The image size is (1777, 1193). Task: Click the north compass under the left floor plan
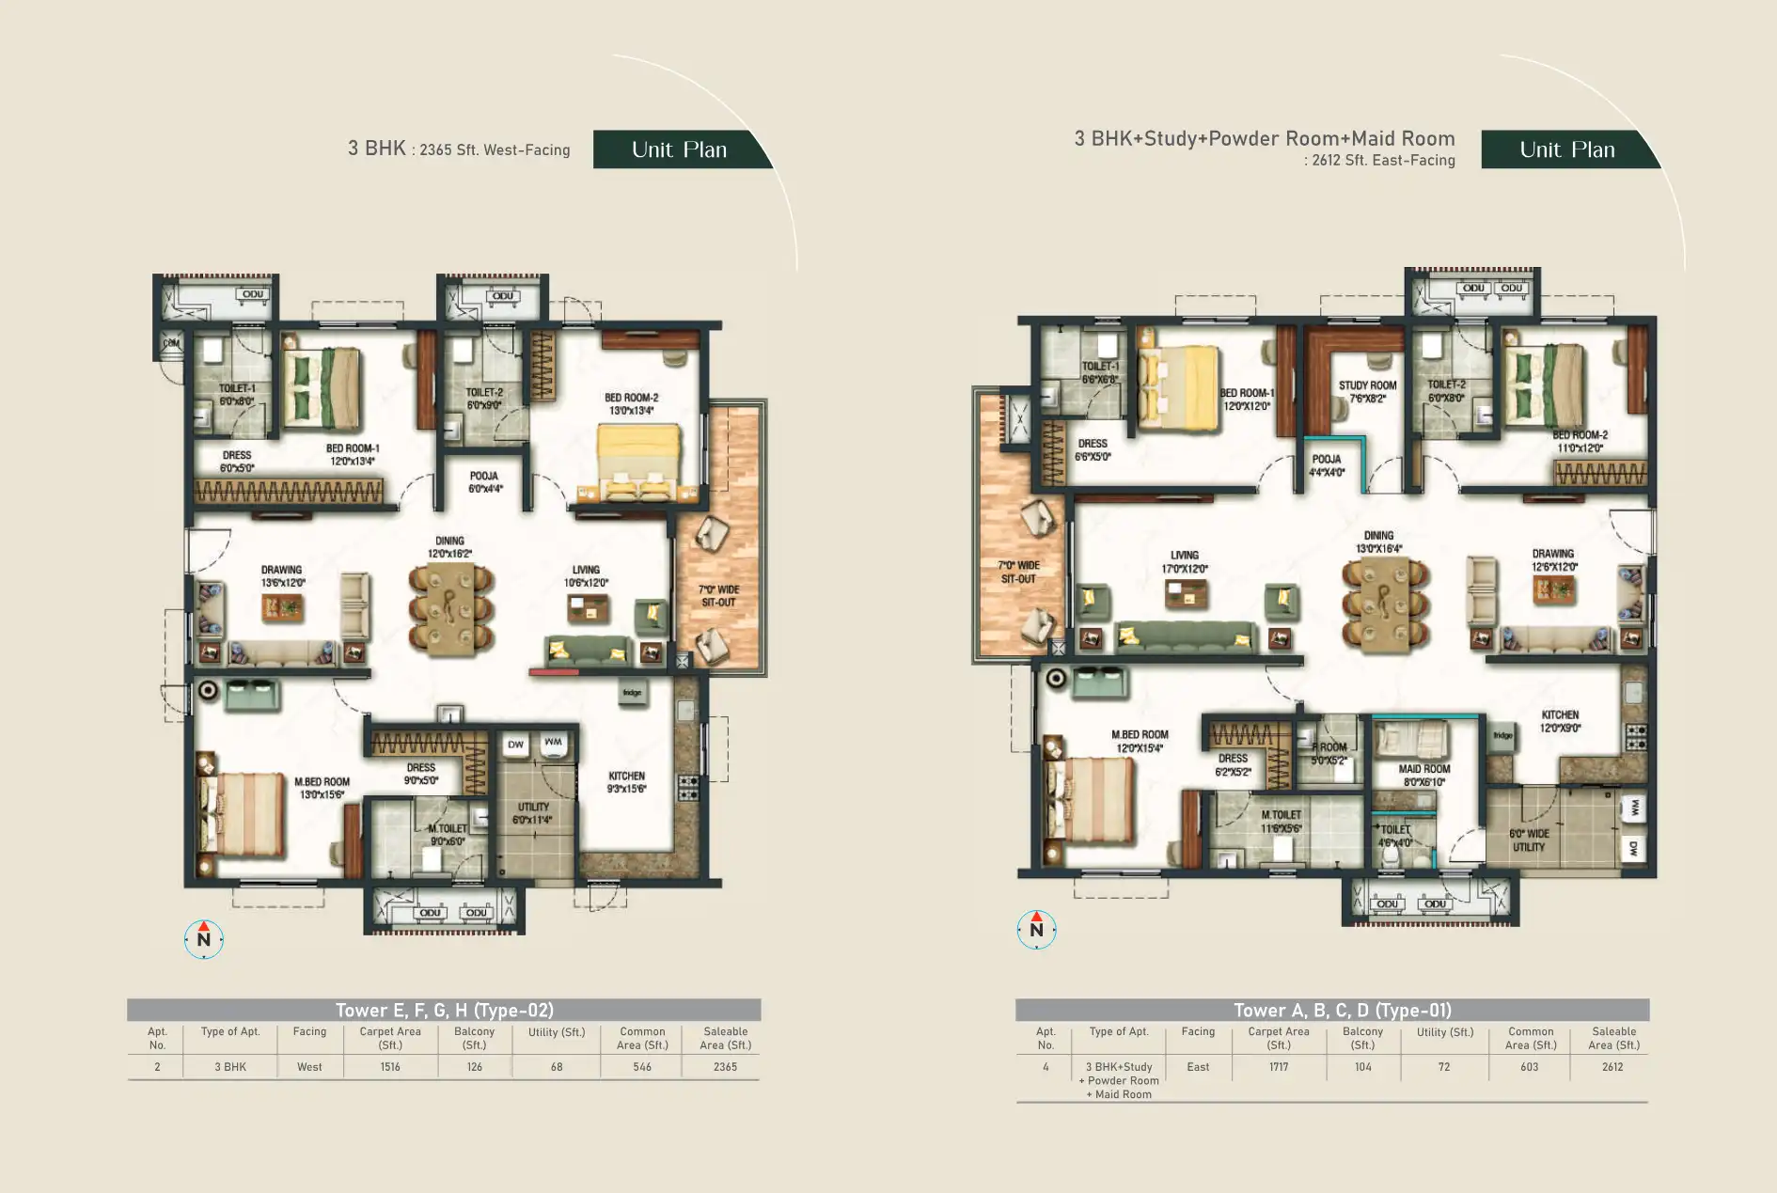(204, 938)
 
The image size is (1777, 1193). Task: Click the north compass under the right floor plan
(1036, 929)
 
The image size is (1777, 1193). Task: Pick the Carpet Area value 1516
(390, 1067)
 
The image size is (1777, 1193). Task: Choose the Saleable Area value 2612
(1612, 1067)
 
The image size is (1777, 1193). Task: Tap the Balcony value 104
(1362, 1067)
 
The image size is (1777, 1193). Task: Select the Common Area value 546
(642, 1067)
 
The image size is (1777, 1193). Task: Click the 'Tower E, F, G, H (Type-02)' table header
(444, 1011)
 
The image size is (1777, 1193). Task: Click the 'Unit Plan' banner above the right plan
(1566, 149)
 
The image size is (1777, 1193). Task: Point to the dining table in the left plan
(450, 608)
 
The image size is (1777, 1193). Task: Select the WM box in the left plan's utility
(553, 743)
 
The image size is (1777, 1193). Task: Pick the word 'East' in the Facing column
(1198, 1067)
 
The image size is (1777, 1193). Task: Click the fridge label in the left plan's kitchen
(632, 693)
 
